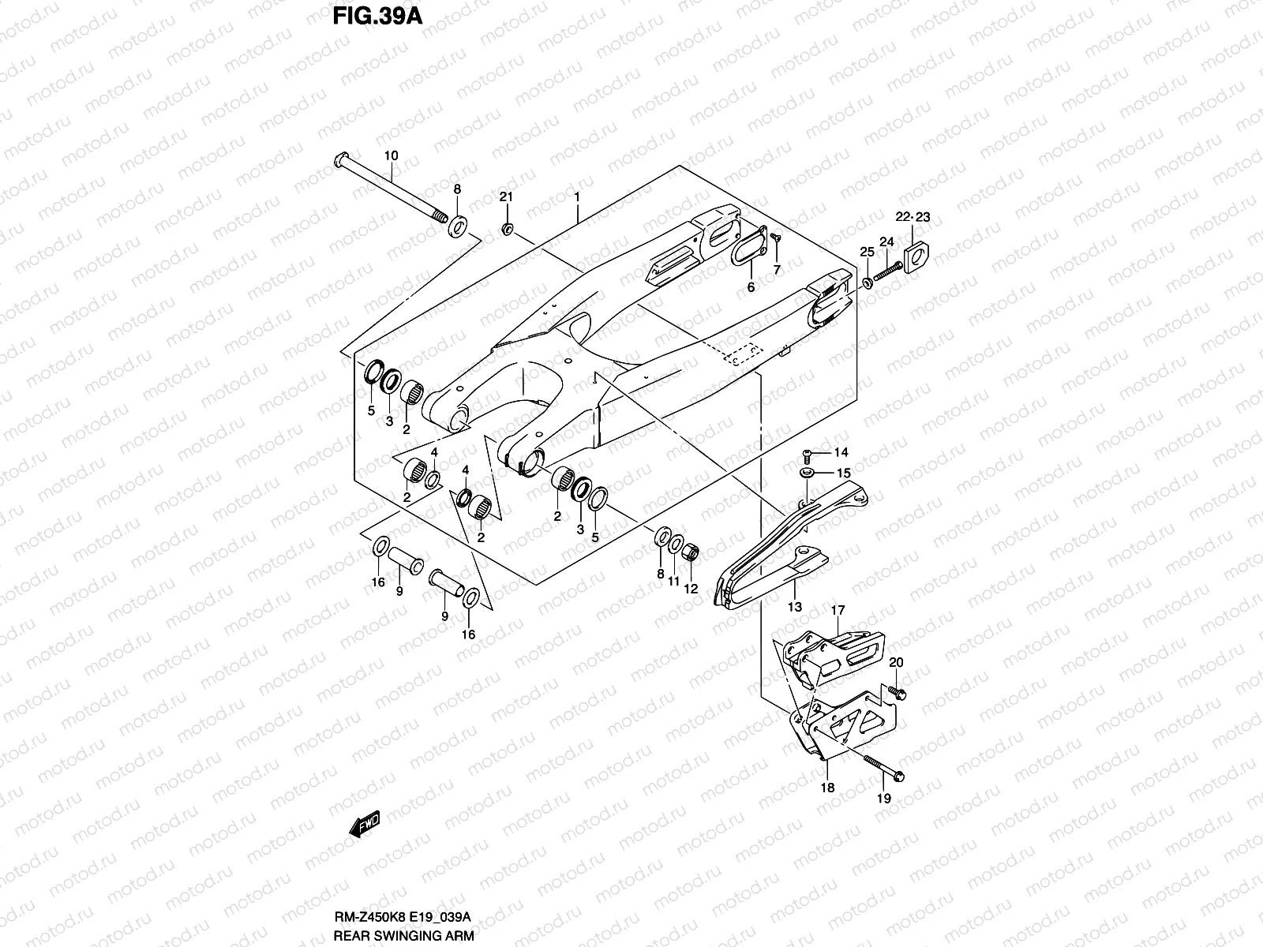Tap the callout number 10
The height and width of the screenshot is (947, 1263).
click(392, 156)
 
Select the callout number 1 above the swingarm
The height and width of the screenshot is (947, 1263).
click(578, 196)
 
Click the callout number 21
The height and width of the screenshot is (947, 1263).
click(506, 196)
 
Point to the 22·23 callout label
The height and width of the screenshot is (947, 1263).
click(913, 217)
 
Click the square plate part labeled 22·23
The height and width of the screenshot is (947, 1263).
click(917, 255)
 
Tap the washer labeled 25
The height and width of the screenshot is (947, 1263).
click(868, 282)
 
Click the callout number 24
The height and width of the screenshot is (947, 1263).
click(886, 241)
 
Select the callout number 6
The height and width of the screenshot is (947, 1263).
click(751, 287)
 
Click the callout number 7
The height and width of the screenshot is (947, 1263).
click(776, 270)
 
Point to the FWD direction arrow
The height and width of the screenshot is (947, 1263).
click(364, 826)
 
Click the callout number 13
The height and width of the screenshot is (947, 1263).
click(794, 607)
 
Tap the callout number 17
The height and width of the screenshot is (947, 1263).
click(838, 610)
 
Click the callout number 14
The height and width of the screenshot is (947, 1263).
click(841, 453)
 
